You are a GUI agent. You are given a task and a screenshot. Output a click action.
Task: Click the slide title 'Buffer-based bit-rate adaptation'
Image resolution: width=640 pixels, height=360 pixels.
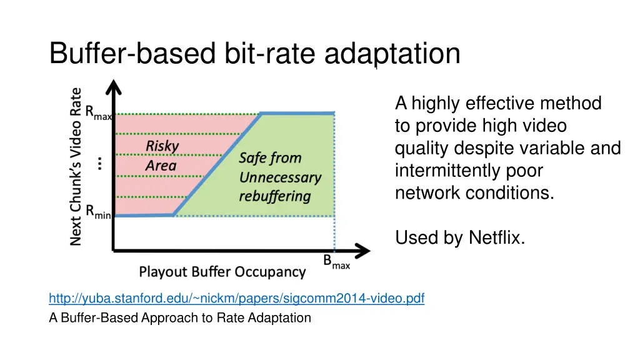(254, 54)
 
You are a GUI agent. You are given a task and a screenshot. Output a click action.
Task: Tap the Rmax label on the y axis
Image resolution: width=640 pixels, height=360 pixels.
(98, 113)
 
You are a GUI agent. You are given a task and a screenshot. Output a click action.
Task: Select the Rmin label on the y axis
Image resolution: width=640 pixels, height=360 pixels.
(98, 213)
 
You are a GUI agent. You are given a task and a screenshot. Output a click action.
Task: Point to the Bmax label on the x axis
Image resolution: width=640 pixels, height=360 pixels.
(336, 263)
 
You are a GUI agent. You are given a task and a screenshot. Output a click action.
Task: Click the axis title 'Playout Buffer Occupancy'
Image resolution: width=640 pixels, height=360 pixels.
(222, 272)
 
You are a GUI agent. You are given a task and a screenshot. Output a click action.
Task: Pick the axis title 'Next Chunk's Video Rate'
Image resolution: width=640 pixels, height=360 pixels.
(76, 166)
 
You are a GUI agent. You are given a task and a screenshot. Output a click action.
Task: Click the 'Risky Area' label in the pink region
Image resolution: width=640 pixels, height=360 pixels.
(162, 156)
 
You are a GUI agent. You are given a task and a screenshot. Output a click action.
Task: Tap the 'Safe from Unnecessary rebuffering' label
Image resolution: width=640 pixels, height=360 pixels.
(279, 177)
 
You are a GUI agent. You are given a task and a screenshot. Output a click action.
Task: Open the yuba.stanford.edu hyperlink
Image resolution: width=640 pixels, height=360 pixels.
(236, 298)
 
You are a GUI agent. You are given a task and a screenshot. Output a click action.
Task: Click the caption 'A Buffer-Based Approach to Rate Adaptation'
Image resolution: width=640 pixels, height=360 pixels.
(179, 317)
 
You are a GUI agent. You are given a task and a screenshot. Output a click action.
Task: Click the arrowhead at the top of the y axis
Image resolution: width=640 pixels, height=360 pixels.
(113, 87)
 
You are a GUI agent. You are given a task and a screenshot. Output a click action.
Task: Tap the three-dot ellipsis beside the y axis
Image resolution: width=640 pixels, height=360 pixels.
(100, 164)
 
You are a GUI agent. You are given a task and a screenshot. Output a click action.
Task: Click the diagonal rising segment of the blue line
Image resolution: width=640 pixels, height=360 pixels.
(217, 164)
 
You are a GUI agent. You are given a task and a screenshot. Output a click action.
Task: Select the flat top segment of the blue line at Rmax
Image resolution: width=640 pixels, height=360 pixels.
(297, 113)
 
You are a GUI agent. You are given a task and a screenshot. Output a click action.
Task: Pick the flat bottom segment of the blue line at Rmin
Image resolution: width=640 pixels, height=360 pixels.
(144, 215)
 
